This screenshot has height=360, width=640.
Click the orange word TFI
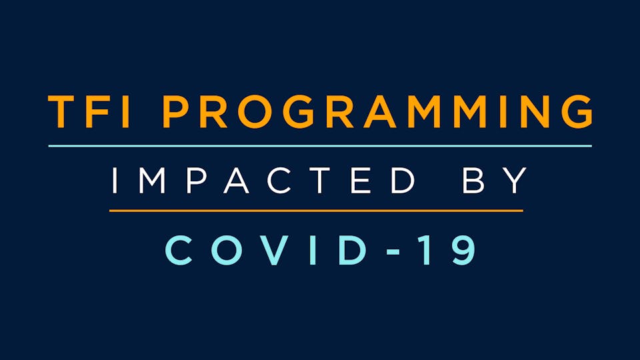(89, 112)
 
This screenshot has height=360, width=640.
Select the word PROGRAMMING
(378, 112)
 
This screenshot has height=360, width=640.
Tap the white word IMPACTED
(263, 180)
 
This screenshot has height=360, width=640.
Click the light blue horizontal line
(320, 146)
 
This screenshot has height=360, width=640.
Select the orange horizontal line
(316, 211)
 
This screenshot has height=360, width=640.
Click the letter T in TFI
(63, 112)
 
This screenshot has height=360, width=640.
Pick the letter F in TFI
(99, 112)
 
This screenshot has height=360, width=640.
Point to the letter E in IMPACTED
(361, 180)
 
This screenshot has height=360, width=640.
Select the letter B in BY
(473, 180)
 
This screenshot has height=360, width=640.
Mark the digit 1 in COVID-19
(425, 250)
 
